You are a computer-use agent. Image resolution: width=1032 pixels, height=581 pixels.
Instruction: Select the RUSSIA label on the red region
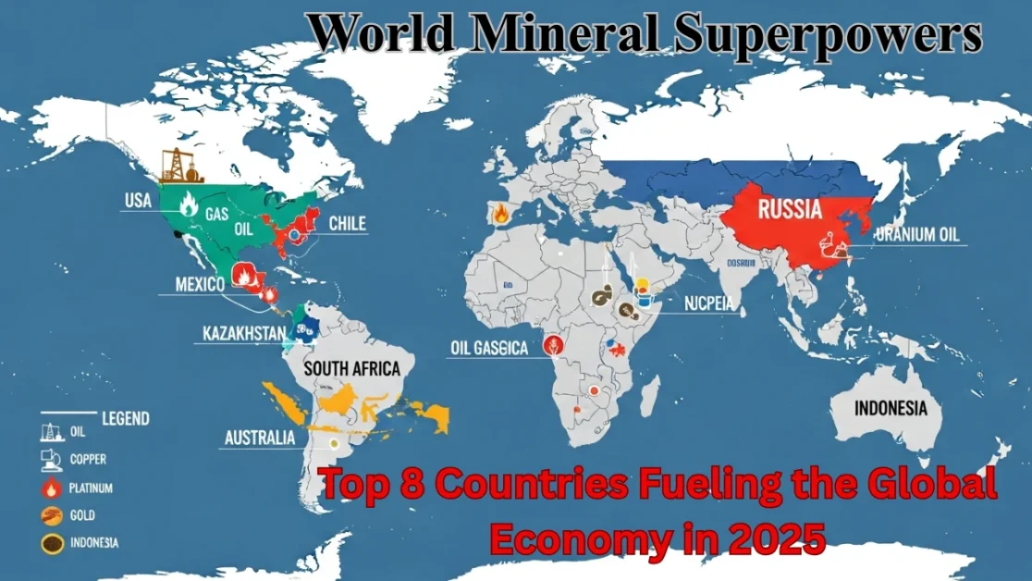tap(789, 209)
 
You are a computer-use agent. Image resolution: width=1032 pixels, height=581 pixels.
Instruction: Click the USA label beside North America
tap(138, 201)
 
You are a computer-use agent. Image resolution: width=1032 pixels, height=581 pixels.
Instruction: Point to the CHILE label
tap(347, 223)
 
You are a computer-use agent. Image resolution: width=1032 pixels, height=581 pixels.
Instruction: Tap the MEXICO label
tap(200, 284)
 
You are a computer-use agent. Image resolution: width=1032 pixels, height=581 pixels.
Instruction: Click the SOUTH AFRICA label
tap(352, 369)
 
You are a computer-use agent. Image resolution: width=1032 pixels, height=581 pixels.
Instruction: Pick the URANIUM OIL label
tap(916, 235)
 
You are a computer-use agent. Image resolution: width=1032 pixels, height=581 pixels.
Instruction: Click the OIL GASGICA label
tap(488, 349)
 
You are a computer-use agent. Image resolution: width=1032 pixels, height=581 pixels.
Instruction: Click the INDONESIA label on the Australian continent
tap(891, 408)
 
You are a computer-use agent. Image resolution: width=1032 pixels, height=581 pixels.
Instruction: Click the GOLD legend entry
tap(82, 514)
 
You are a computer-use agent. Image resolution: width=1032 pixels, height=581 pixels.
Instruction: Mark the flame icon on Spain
tap(500, 213)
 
